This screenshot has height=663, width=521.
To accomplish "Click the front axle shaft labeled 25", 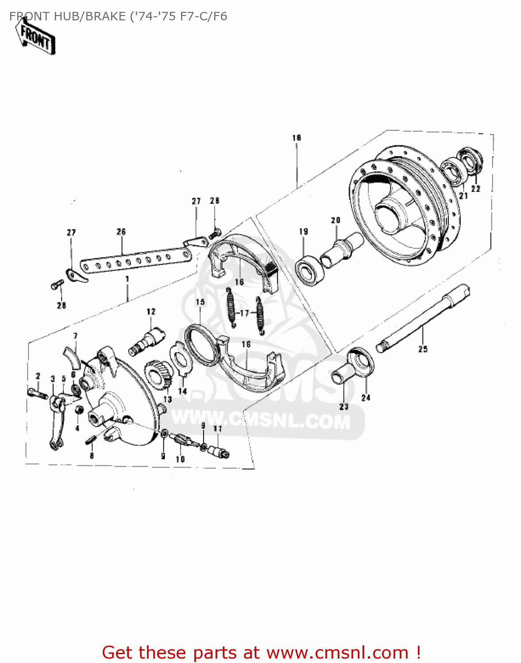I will pyautogui.click(x=423, y=318).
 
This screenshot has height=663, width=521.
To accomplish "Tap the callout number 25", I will pyautogui.click(x=423, y=349).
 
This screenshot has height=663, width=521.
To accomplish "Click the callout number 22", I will pyautogui.click(x=475, y=189).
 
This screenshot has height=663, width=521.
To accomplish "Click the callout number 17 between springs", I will pyautogui.click(x=245, y=313).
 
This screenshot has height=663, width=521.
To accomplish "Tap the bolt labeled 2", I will pyautogui.click(x=37, y=393).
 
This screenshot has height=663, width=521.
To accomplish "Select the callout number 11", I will pyautogui.click(x=217, y=429).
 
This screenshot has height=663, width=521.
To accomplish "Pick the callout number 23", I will pyautogui.click(x=343, y=407).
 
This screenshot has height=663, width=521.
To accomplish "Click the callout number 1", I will pyautogui.click(x=127, y=279).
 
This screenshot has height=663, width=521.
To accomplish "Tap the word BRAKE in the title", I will pyautogui.click(x=105, y=17).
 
